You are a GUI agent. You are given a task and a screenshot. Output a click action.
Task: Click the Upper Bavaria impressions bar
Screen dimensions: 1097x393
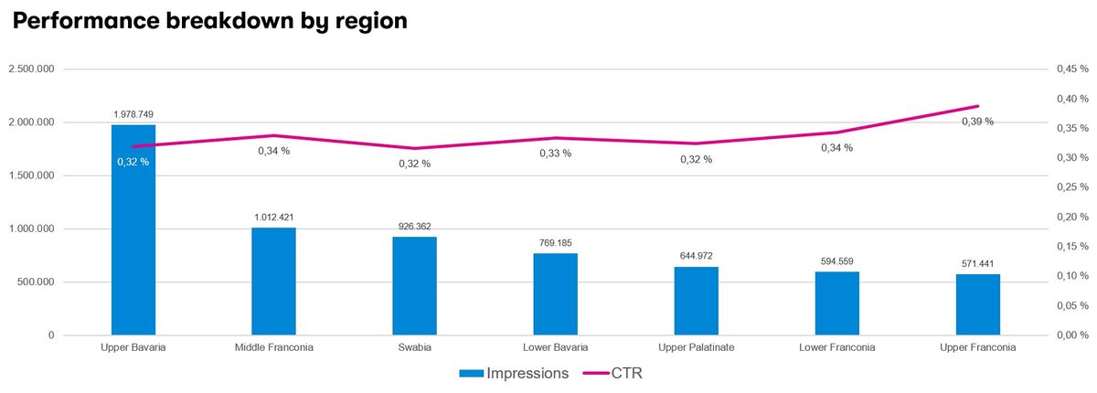[133, 229]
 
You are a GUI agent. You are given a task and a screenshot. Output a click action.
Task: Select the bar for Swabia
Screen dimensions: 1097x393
[414, 286]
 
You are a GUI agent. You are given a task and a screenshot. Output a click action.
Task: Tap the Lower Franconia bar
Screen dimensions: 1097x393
[837, 303]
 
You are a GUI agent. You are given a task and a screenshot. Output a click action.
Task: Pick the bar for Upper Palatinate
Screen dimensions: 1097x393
[696, 301]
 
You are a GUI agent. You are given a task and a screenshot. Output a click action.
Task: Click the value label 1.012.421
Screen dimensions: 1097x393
[273, 218]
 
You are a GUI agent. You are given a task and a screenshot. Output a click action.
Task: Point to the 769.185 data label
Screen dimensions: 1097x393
[556, 243]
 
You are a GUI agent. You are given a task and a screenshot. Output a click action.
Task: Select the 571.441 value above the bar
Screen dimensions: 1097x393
[977, 264]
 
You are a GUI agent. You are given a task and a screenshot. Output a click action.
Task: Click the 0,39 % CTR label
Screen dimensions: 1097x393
[977, 122]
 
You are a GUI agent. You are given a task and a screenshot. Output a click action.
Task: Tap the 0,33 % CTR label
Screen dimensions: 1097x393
[556, 154]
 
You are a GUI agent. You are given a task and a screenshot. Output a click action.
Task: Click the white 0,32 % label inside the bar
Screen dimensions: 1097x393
[133, 162]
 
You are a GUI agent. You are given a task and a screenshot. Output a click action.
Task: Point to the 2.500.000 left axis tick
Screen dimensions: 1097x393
[31, 69]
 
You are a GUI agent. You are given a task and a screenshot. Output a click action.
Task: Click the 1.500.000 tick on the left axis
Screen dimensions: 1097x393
[31, 175]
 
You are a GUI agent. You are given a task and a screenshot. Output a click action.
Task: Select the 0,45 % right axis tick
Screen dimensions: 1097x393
[1072, 69]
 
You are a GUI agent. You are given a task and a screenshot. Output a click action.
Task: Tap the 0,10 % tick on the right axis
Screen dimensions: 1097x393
[1072, 276]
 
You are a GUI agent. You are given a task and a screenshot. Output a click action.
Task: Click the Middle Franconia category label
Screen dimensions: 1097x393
[273, 347]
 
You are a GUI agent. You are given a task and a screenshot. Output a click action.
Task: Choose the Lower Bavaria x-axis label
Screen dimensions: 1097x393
[556, 347]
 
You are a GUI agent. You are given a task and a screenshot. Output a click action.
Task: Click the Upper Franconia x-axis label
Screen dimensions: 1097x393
[977, 347]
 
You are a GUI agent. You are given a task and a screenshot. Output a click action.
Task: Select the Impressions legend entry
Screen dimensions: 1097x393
[514, 374]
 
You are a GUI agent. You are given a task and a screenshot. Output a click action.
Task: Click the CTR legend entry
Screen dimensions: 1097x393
[612, 374]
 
